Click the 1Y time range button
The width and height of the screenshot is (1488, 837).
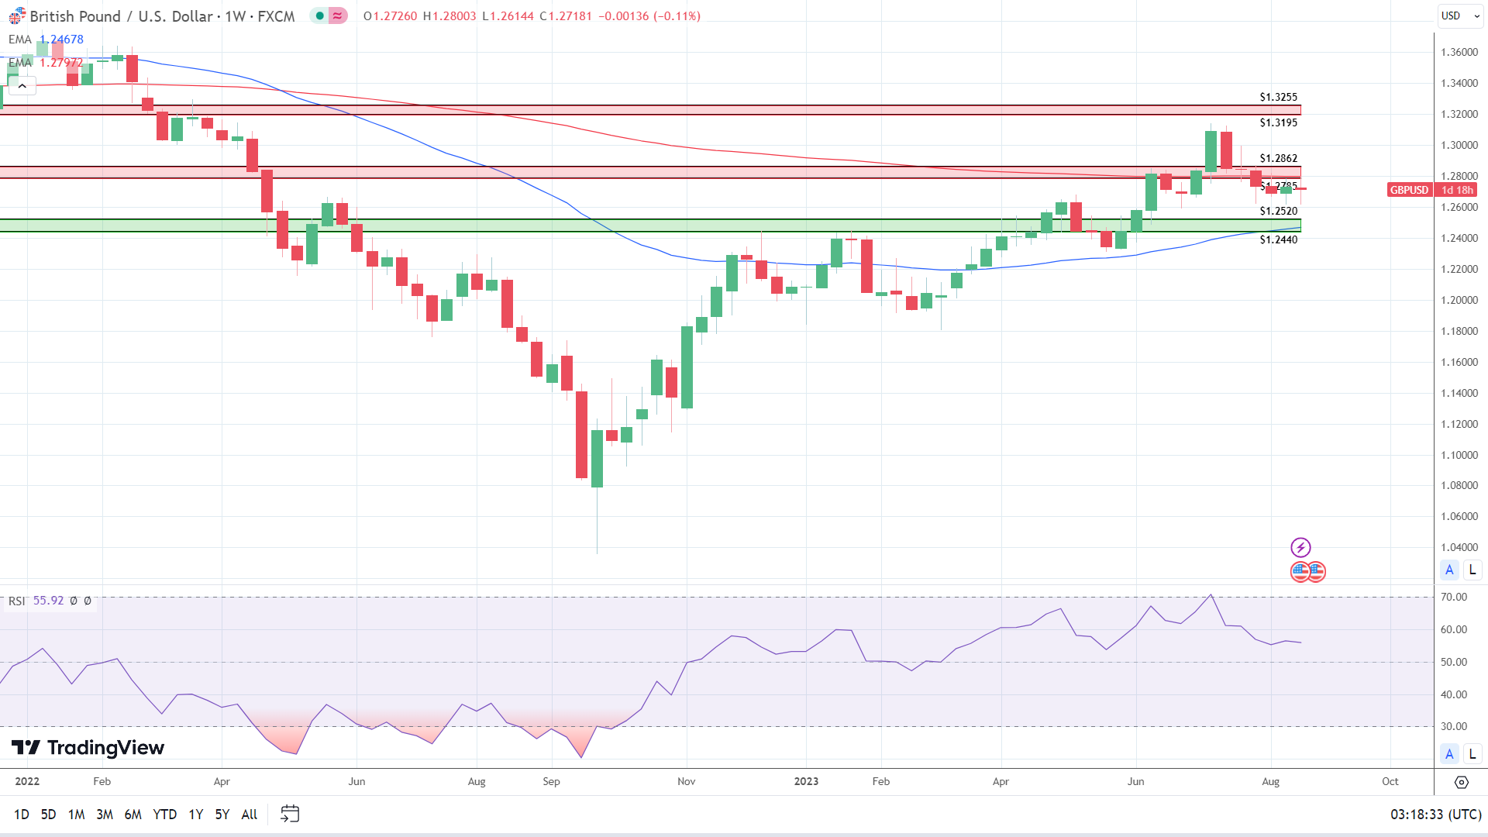(195, 814)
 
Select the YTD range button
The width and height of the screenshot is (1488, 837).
(164, 814)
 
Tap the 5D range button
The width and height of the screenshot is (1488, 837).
(48, 814)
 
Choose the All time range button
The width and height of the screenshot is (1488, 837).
(249, 814)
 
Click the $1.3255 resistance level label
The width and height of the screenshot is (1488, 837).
(1278, 97)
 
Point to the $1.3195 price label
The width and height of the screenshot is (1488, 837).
(1278, 122)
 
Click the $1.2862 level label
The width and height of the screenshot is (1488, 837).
(1278, 158)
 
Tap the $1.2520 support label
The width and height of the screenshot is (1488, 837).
(1278, 211)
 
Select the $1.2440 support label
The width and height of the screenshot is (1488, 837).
(1278, 239)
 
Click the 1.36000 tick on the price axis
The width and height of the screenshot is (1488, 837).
(1459, 52)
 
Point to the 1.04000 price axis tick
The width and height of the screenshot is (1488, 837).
(1459, 547)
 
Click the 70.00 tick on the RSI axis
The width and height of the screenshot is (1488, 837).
(1453, 597)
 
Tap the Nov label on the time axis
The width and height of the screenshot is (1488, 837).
(686, 781)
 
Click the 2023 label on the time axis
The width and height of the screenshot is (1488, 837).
(806, 781)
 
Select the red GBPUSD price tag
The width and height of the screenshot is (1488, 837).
(1408, 190)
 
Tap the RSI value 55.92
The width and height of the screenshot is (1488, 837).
(48, 601)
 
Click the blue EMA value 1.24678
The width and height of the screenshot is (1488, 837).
(61, 39)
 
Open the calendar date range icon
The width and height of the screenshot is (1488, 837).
(290, 814)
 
